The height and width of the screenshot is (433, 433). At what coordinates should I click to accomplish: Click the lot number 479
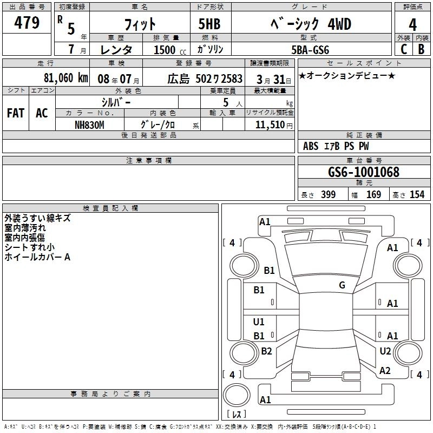point(28,23)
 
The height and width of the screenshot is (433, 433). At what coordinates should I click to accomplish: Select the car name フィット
point(140,24)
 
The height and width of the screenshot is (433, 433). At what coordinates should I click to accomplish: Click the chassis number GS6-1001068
point(364,172)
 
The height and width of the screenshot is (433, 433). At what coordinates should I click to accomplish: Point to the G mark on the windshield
point(342,285)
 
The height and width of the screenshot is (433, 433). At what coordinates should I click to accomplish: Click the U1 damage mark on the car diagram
point(259,322)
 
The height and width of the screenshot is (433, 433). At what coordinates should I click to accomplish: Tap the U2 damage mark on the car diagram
point(385,351)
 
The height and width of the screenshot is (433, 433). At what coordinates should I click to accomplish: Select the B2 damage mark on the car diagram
point(266,351)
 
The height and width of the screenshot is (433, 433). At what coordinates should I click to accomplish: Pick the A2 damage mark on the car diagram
point(385,371)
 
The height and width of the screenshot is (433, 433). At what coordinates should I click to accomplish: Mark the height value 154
point(417,195)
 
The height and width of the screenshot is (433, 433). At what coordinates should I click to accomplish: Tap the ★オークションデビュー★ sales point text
point(347,76)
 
